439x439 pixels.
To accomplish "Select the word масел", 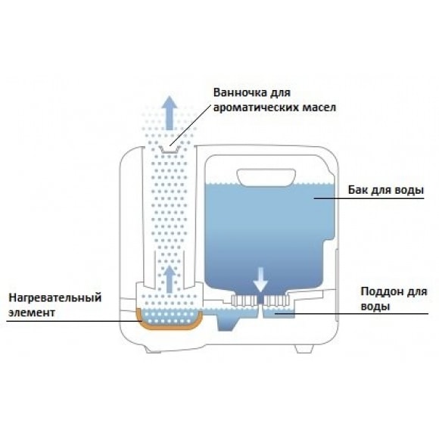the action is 319,107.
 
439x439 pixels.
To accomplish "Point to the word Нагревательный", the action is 55,297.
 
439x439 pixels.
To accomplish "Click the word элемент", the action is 32,313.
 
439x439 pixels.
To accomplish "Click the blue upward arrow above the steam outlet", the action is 170,113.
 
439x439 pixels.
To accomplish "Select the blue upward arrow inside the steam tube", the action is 170,279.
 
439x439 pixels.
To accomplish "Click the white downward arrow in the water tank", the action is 260,280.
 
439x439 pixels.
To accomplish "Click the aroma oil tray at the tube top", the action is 169,150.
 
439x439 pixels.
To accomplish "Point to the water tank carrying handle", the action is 266,178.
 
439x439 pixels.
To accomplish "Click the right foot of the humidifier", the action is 304,349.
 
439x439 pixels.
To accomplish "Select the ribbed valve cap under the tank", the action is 260,300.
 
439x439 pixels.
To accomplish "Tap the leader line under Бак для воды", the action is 369,198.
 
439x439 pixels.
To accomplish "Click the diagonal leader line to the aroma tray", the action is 191,125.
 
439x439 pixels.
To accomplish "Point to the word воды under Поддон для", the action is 375,307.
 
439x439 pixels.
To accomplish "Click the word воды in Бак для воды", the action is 409,190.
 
